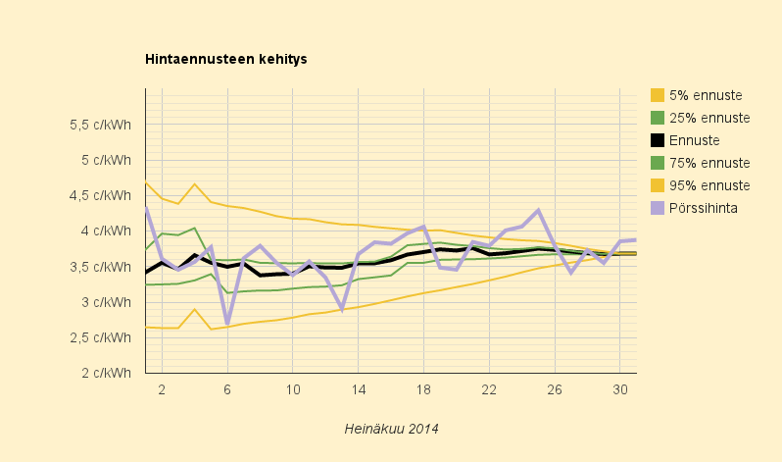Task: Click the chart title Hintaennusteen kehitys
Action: tap(226, 59)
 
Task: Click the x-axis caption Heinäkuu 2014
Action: tap(391, 429)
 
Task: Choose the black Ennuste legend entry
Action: tap(694, 140)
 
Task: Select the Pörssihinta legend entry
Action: tap(703, 208)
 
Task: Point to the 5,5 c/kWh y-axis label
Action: tap(99, 125)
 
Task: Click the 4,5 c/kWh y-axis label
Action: tap(99, 195)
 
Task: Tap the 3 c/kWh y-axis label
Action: tap(105, 302)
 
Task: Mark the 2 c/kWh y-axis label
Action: tap(105, 373)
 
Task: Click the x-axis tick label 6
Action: tap(227, 389)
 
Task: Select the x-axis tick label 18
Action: tap(423, 389)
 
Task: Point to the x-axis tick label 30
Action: tap(619, 389)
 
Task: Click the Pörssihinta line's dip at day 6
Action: tap(227, 322)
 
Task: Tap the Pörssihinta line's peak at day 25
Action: tap(538, 211)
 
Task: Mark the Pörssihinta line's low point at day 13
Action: tap(342, 308)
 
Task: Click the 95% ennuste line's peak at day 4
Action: tap(195, 184)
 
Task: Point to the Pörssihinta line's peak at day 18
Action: tap(423, 227)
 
